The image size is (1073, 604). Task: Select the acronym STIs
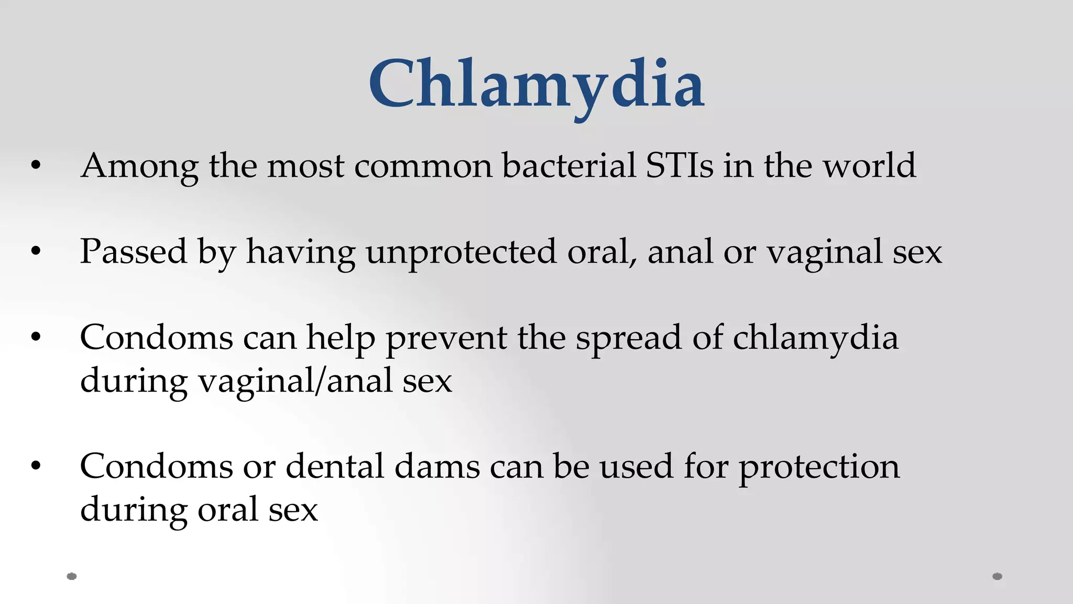679,166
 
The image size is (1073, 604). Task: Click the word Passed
133,252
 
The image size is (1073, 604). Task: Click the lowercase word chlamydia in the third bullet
815,338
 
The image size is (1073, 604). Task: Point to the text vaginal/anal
295,381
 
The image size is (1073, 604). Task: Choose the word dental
335,467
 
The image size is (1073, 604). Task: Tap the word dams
437,467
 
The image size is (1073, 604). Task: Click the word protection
819,467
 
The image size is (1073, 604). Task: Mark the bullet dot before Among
36,166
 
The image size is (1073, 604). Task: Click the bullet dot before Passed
36,252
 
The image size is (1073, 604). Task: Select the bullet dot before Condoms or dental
36,466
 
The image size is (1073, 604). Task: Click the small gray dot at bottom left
72,576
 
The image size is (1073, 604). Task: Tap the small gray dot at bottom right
998,576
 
